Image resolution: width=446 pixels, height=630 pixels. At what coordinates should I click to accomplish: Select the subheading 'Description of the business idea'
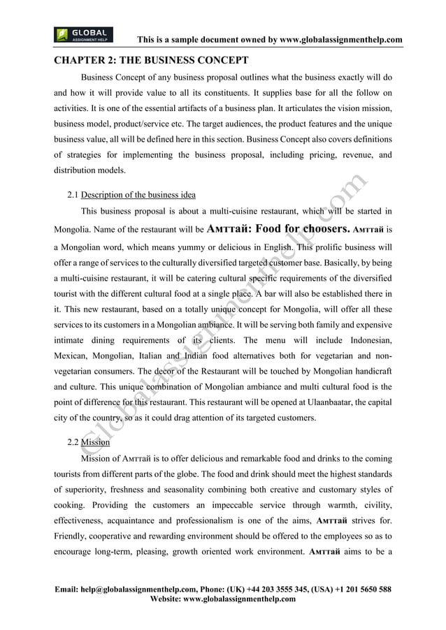click(x=138, y=194)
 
